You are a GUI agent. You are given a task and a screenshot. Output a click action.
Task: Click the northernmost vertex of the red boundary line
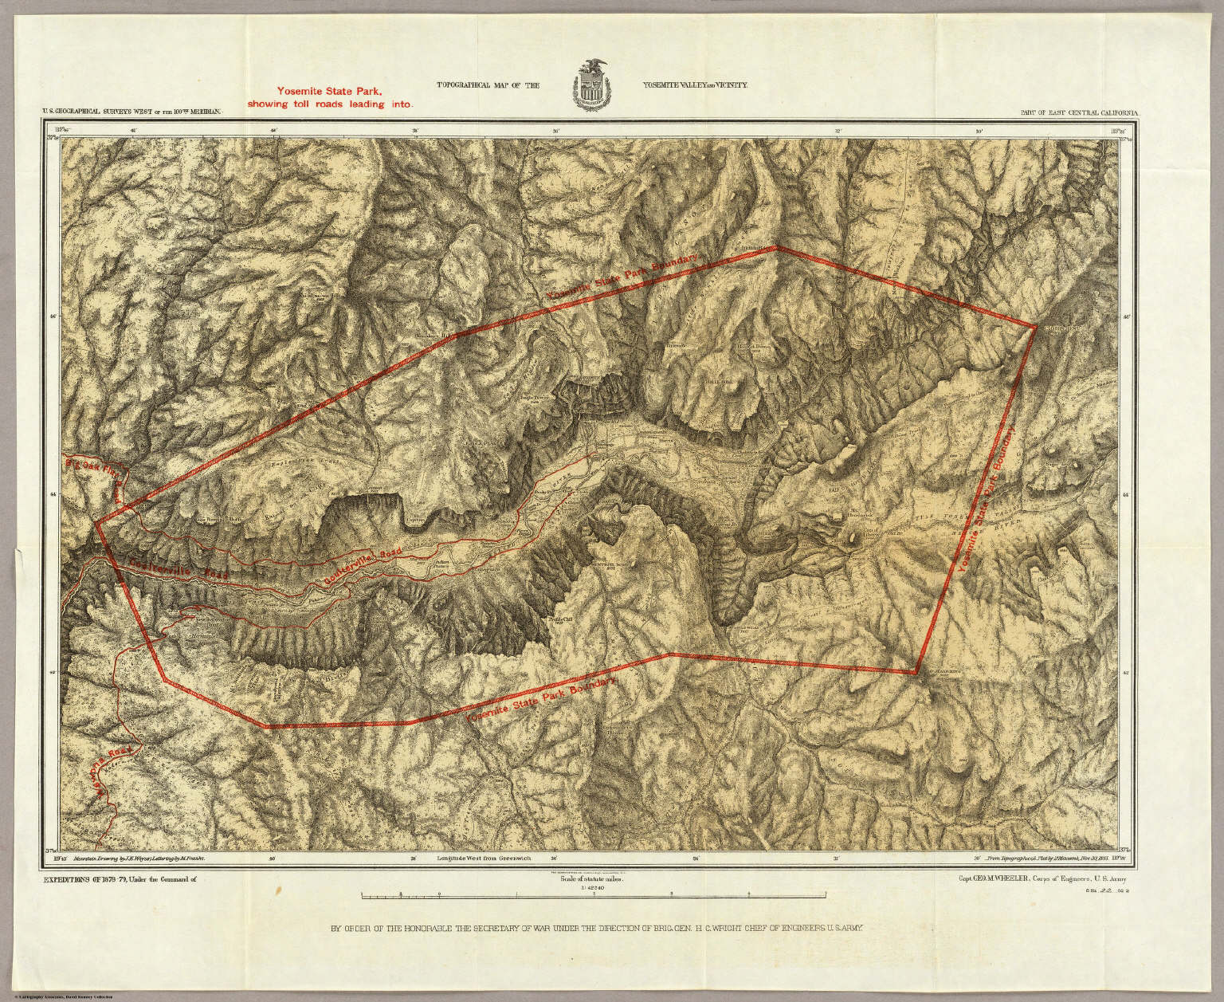[776, 247]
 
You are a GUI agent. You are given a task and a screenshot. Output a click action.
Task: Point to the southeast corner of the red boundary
[916, 674]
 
